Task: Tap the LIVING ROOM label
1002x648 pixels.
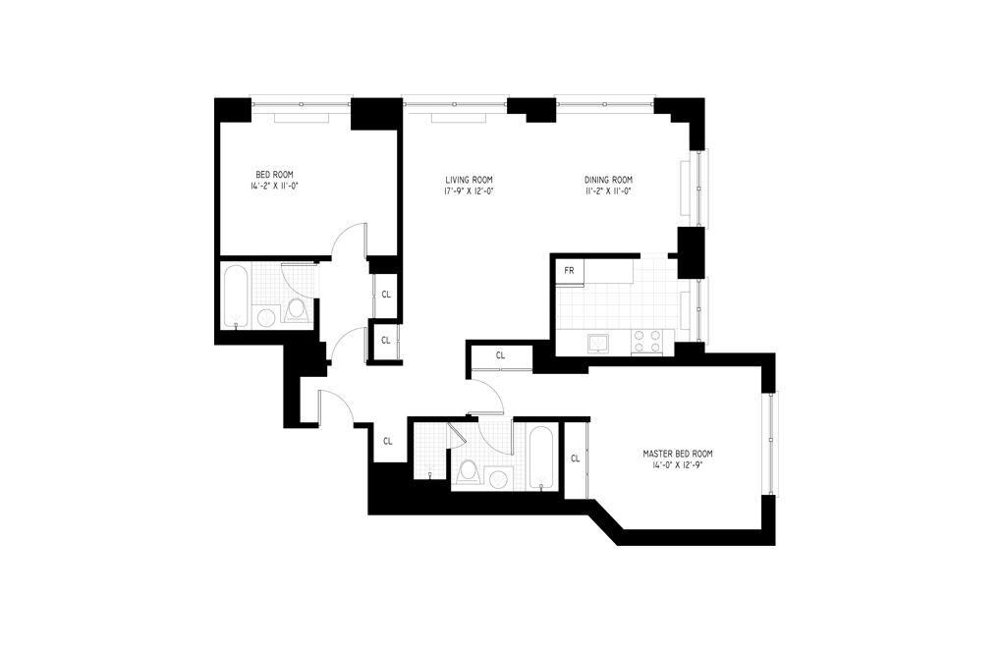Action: coord(469,180)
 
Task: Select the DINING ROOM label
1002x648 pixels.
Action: coord(608,180)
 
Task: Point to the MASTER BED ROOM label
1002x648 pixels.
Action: coord(677,454)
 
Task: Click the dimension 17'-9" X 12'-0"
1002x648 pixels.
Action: coord(469,191)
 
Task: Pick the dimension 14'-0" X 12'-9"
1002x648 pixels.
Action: coord(677,466)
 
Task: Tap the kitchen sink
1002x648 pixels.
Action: coord(598,343)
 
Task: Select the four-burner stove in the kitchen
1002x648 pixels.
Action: coord(646,341)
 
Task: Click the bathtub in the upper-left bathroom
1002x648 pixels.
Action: coord(237,296)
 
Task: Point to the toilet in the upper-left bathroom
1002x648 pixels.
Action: coord(297,310)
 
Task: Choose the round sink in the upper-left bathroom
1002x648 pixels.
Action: coord(266,316)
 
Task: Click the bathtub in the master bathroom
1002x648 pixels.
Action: coord(542,457)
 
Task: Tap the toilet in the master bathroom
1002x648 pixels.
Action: coord(468,472)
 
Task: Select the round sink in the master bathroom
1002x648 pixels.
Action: coord(499,479)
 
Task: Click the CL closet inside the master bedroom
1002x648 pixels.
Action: coord(575,459)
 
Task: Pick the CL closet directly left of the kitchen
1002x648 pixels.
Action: coord(500,355)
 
